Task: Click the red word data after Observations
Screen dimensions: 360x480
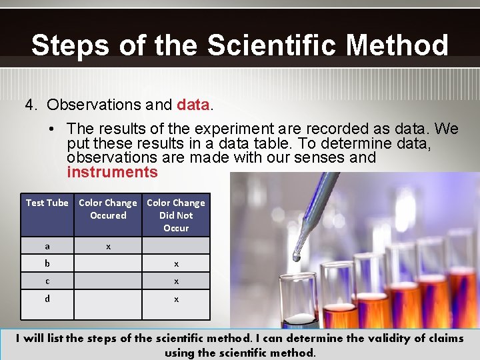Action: [193, 105]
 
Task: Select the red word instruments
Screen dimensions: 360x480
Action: [112, 173]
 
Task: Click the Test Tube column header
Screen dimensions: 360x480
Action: [47, 203]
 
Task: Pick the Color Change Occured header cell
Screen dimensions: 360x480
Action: [108, 209]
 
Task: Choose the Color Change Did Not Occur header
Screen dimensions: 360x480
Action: [176, 215]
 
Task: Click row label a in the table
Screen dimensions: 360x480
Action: [47, 246]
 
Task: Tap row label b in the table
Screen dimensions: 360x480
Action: [47, 263]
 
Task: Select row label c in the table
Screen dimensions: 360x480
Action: [47, 281]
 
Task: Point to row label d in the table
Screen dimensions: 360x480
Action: [47, 299]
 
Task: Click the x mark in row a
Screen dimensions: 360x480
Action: [108, 247]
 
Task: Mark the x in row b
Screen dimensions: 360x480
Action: [176, 264]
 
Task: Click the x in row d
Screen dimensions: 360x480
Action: [176, 299]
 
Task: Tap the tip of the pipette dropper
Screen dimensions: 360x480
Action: [297, 255]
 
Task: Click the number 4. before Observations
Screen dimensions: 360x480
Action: [31, 105]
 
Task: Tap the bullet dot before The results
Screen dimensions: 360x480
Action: [51, 129]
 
